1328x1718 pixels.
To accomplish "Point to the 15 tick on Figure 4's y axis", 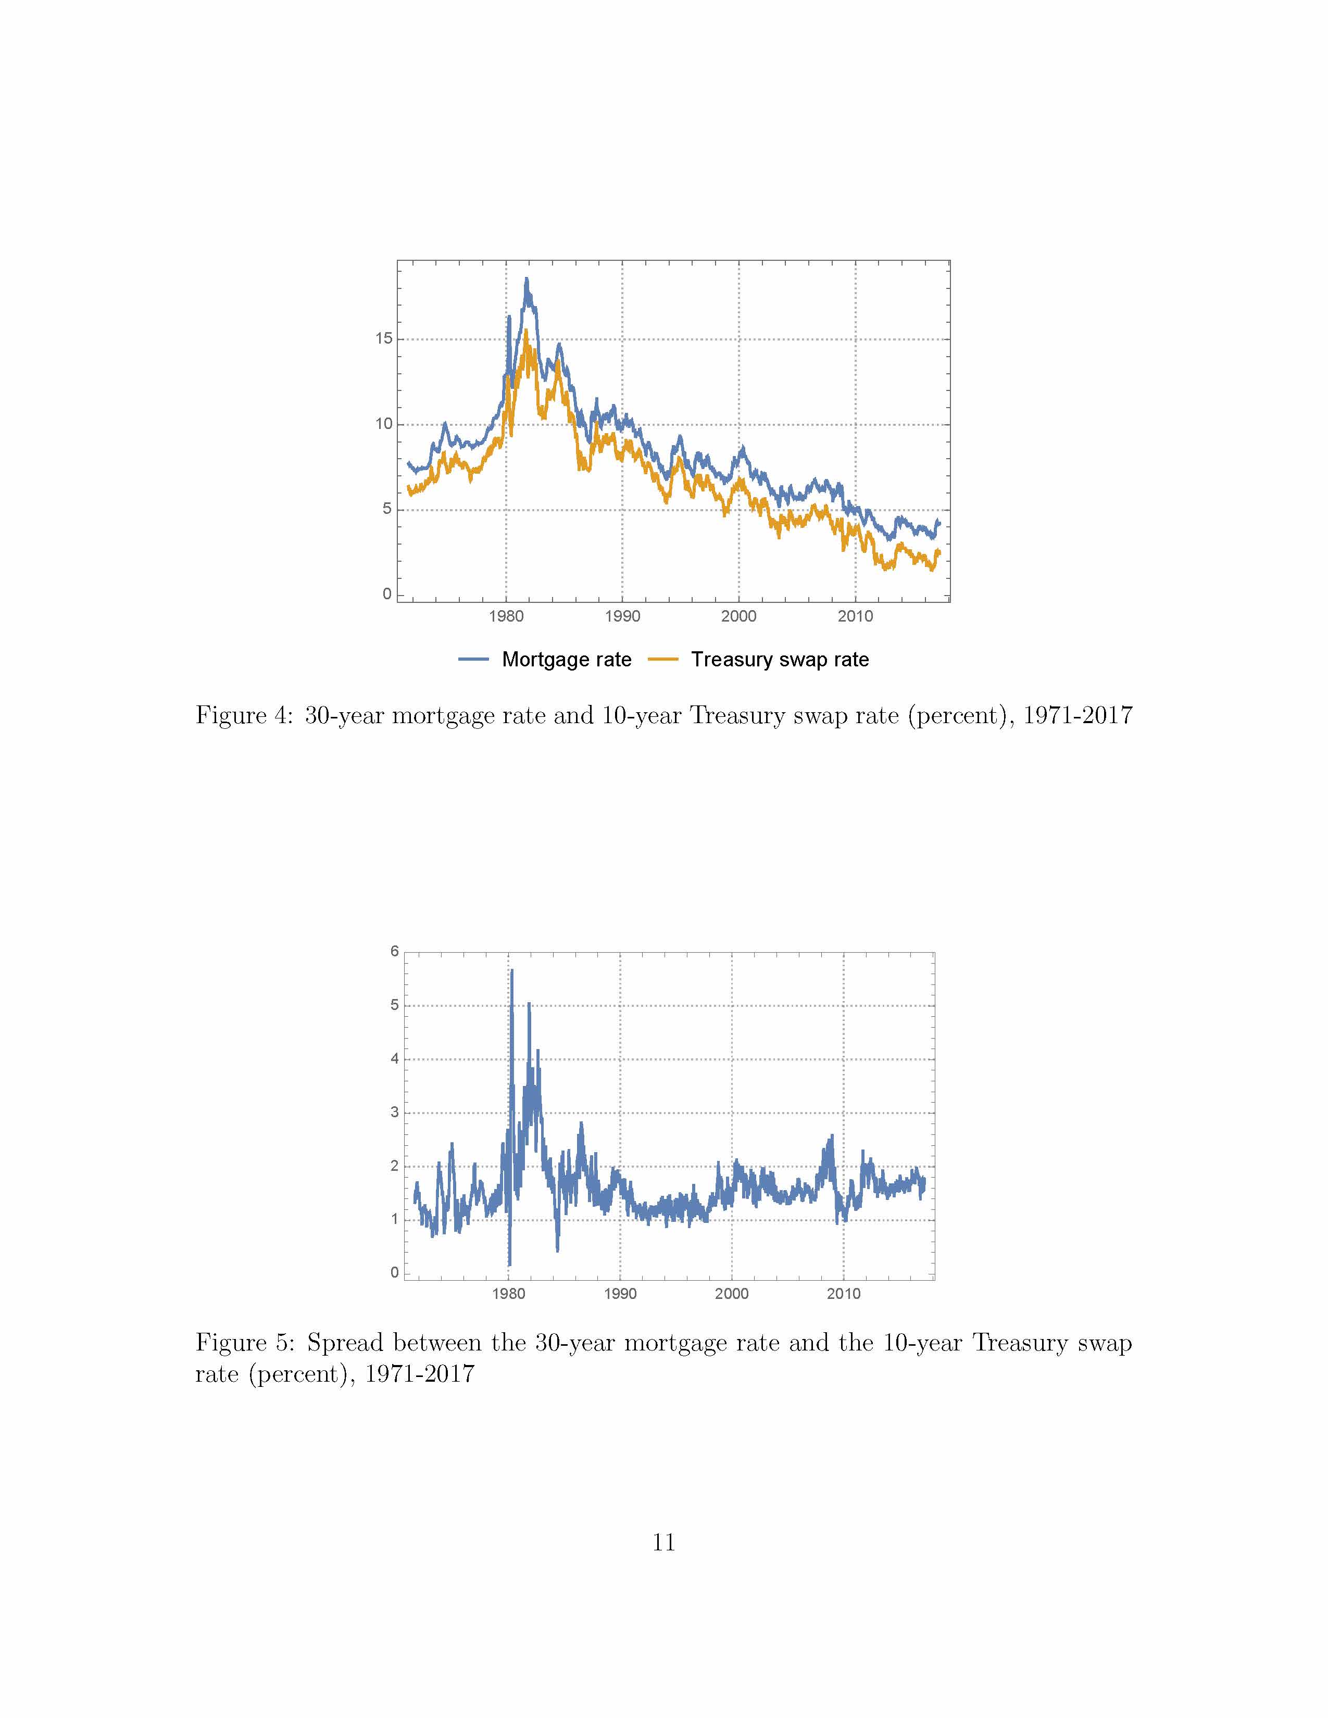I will [x=383, y=338].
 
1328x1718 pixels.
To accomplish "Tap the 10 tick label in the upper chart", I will [x=383, y=424].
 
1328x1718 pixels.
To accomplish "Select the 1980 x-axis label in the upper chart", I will [x=506, y=616].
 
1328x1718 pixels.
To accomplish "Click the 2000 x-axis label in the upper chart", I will [x=739, y=616].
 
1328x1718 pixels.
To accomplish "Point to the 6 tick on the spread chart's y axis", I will [x=395, y=951].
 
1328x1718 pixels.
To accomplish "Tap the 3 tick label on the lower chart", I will [x=395, y=1113].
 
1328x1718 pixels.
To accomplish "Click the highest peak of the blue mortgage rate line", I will [x=527, y=279].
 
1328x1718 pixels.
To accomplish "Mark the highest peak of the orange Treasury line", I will [x=525, y=331].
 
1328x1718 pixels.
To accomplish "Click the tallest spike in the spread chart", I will [x=511, y=971].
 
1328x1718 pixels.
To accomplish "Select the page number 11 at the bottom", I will [x=663, y=1543].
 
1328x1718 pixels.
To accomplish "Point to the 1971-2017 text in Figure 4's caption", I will [x=1077, y=715].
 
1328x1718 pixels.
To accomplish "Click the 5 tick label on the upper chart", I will [x=387, y=509].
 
